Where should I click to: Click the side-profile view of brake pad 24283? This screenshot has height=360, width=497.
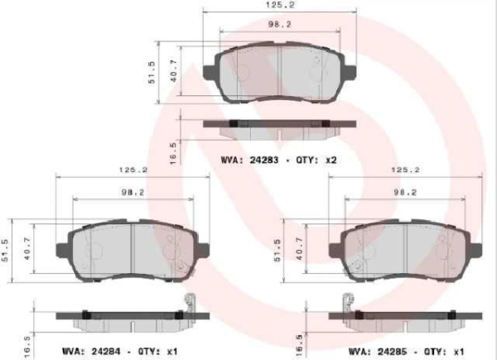click(279, 125)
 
